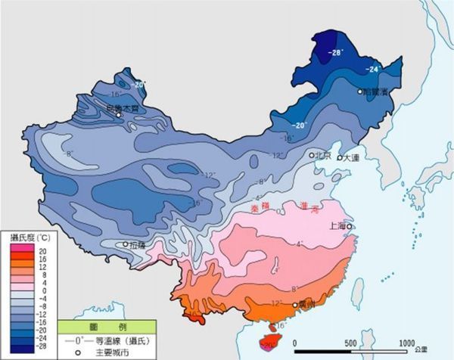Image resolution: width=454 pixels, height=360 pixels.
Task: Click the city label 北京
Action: point(324,156)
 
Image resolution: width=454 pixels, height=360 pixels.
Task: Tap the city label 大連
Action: point(350,158)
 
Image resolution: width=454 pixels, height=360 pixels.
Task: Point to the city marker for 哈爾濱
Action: point(361,91)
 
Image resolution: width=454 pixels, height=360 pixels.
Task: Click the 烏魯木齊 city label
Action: point(122,110)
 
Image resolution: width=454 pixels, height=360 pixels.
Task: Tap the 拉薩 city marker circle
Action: point(126,244)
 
